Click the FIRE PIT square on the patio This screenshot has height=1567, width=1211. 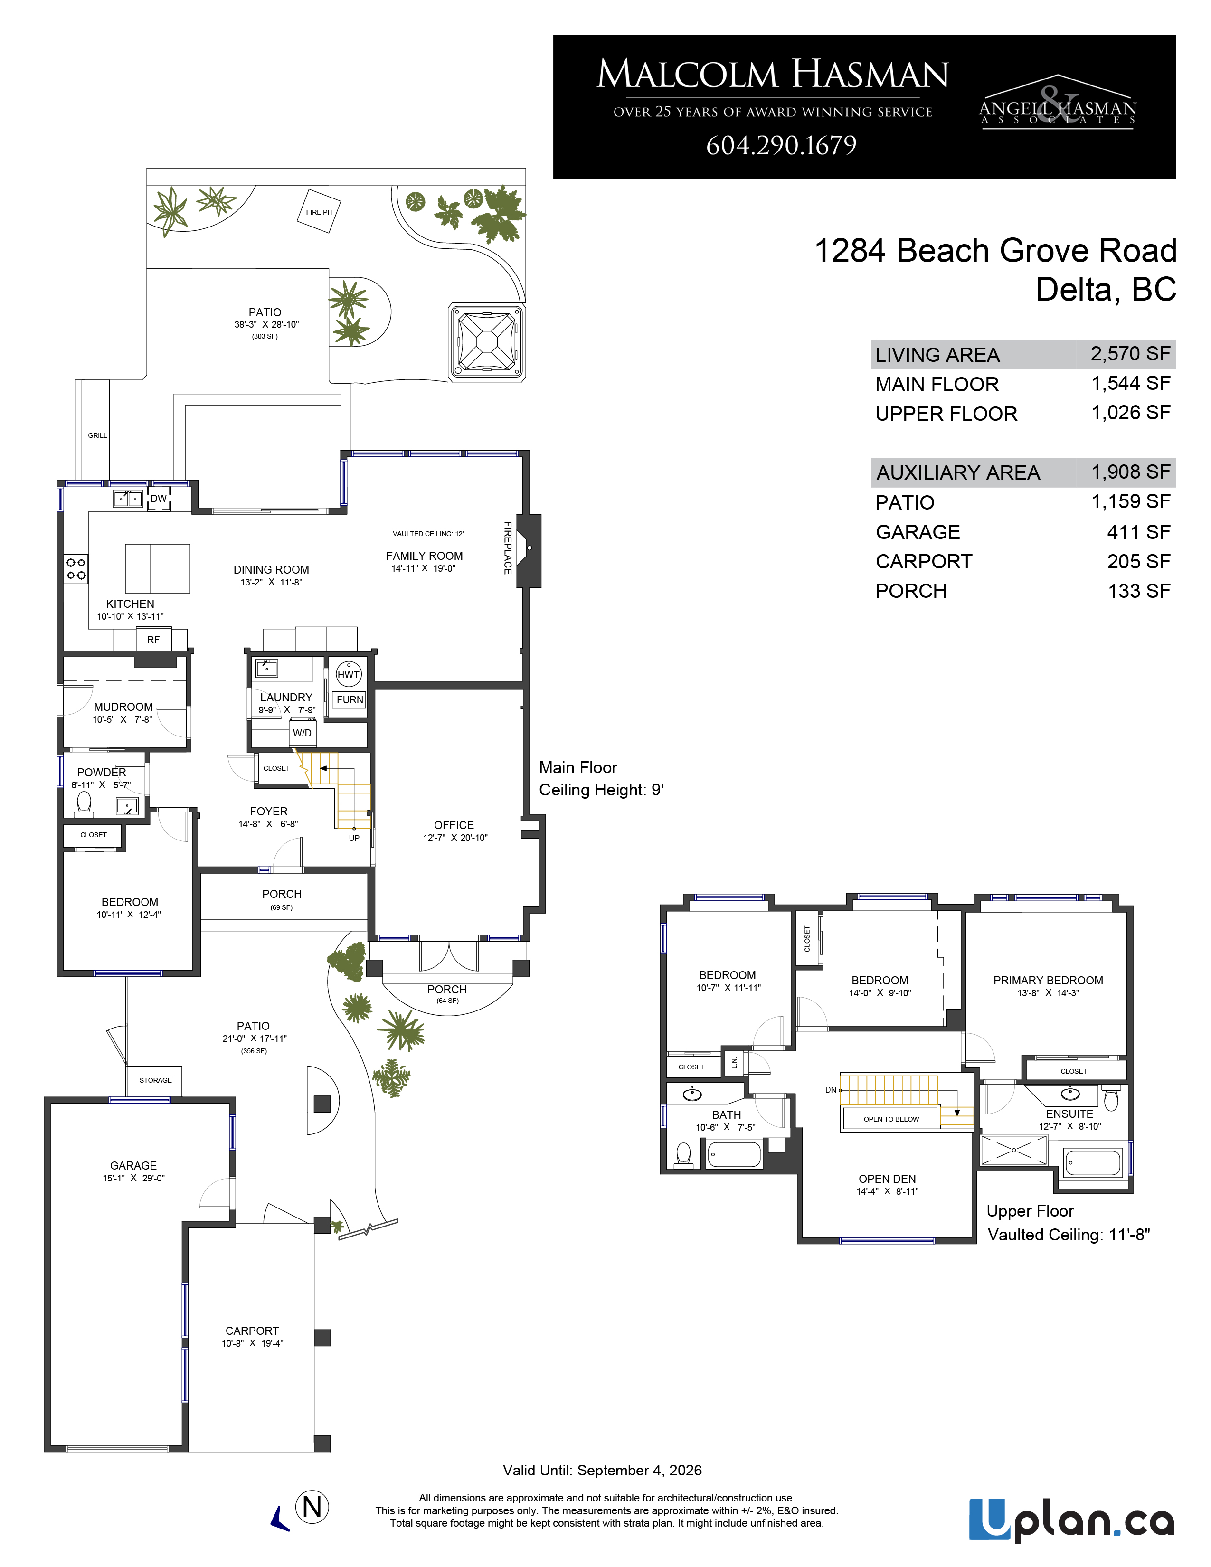[x=319, y=211]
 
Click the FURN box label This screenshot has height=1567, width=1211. [x=350, y=699]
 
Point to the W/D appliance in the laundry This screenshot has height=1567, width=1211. [x=302, y=733]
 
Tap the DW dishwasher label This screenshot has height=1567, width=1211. [x=159, y=499]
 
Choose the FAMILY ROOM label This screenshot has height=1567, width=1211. [x=424, y=556]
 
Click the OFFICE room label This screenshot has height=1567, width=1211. [x=454, y=825]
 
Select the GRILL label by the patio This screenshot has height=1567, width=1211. [x=97, y=435]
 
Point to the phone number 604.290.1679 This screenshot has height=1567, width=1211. [x=781, y=146]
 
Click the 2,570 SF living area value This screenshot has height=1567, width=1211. [x=1131, y=354]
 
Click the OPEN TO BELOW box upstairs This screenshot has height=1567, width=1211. [x=891, y=1119]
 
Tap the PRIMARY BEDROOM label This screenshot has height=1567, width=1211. [x=1048, y=981]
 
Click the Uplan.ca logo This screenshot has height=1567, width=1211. [x=1072, y=1520]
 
